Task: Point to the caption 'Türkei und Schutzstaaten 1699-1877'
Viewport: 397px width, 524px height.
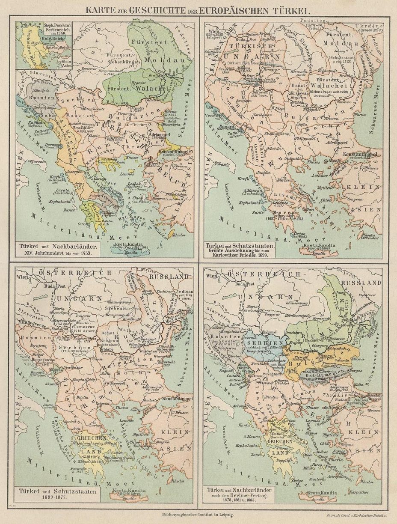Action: (56, 495)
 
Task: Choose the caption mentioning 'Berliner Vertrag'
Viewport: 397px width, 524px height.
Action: (241, 495)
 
